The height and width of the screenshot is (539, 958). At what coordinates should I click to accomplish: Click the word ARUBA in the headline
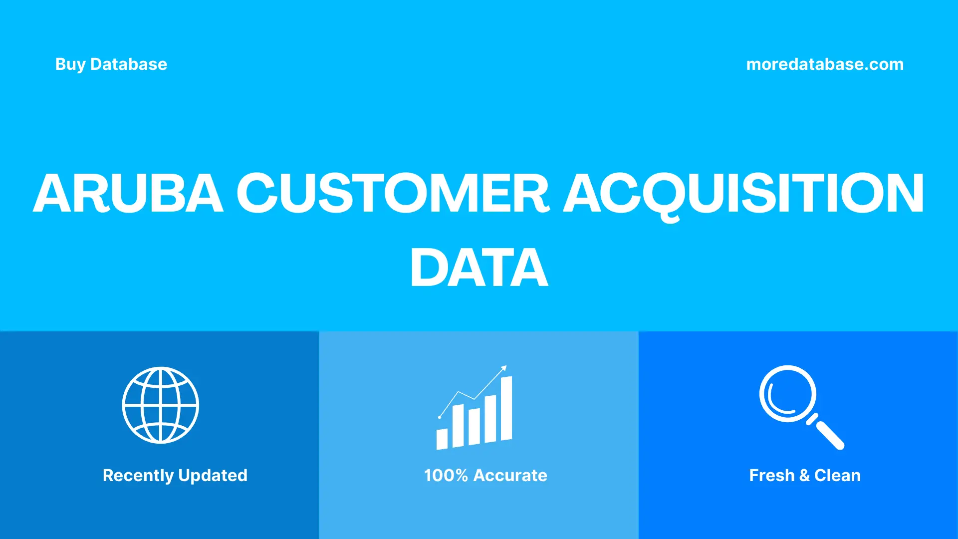coord(128,194)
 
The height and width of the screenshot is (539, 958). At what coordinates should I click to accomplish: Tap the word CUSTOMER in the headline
coord(393,194)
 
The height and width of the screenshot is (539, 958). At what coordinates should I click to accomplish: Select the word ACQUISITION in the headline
coord(743,194)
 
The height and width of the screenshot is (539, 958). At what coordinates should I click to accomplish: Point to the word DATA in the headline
coord(479,268)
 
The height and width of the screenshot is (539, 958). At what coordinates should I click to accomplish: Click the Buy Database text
coord(111,64)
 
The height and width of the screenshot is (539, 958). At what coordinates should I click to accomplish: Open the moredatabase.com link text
coord(825,64)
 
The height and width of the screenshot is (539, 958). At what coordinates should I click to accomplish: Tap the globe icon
coord(161,405)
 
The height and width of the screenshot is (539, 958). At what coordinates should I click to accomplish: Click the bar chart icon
coord(474,409)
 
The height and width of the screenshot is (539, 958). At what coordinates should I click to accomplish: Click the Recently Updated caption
coord(175,476)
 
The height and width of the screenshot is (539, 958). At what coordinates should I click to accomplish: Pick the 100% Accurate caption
coord(485,476)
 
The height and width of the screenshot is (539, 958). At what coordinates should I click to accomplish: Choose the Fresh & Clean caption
coord(805,476)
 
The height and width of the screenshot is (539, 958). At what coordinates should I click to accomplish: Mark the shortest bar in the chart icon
coord(442,439)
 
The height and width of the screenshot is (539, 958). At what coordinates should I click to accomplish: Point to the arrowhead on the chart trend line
coord(504,368)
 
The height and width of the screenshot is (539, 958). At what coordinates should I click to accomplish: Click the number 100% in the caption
coord(446,476)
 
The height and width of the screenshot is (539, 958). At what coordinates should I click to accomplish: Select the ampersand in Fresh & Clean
coord(804,476)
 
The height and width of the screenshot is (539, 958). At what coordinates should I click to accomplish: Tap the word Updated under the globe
coord(213,476)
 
